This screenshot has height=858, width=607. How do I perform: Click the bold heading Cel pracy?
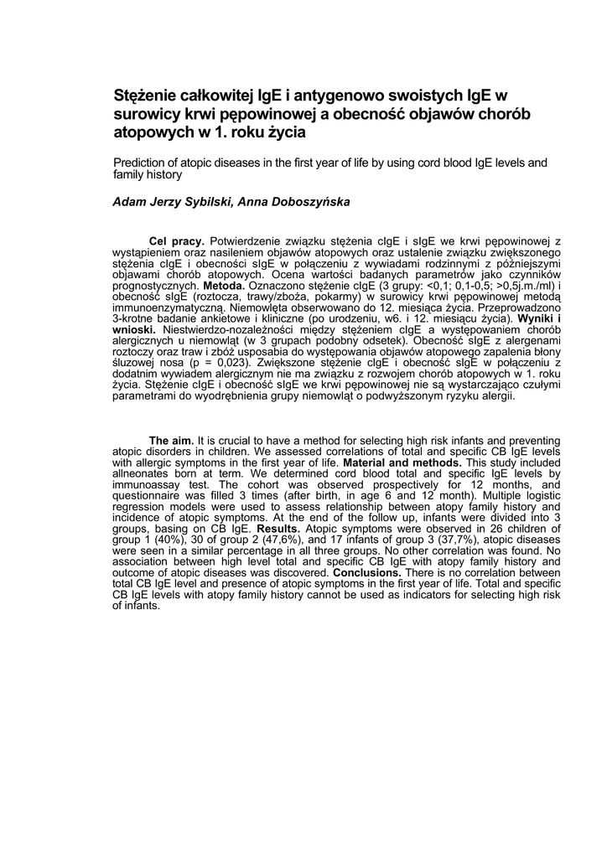(x=176, y=241)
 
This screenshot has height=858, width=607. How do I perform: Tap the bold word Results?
(x=278, y=530)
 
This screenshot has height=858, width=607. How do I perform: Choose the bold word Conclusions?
(x=366, y=573)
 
